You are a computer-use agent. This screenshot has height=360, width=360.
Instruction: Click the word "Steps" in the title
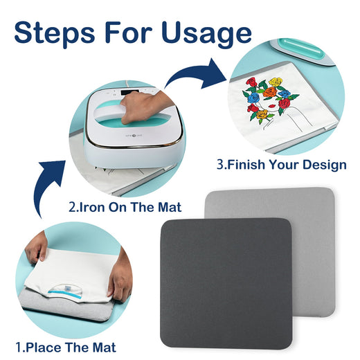tap(55, 32)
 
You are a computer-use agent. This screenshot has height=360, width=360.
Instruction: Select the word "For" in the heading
tap(129, 32)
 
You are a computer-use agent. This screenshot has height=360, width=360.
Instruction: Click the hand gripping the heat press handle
tap(143, 106)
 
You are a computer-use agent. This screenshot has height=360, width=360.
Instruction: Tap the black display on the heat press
tap(129, 92)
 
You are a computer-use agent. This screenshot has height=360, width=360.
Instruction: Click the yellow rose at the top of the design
tap(276, 82)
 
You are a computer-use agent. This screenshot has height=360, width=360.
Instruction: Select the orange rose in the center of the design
tap(270, 92)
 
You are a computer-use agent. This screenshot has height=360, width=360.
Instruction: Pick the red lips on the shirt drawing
tap(273, 106)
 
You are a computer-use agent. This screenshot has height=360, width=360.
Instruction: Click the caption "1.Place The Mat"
tap(66, 348)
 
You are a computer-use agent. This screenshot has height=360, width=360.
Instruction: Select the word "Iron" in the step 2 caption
tap(90, 207)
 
